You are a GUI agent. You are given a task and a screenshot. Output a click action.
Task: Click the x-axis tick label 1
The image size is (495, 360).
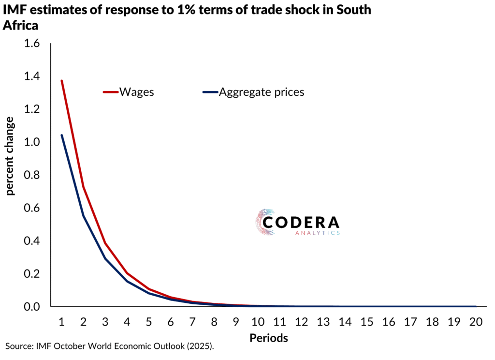[x=62, y=322]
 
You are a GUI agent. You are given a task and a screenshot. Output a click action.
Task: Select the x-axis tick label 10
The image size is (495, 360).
[x=258, y=322]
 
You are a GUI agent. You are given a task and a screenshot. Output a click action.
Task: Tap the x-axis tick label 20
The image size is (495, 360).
[x=476, y=322]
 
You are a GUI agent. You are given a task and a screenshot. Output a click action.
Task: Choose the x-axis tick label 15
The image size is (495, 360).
[x=367, y=322]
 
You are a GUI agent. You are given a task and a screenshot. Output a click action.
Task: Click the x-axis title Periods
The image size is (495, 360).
[x=269, y=338]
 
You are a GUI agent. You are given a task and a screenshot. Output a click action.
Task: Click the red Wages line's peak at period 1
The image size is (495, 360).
[x=62, y=80]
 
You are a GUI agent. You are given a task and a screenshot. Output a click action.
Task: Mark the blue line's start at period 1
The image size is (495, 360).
[x=62, y=135]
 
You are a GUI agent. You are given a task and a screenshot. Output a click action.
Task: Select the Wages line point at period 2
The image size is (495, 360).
[x=84, y=186]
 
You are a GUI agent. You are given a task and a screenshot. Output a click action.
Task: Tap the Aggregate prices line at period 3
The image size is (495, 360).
[x=105, y=258]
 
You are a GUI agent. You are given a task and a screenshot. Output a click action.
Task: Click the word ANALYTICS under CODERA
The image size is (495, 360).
[x=317, y=233]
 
